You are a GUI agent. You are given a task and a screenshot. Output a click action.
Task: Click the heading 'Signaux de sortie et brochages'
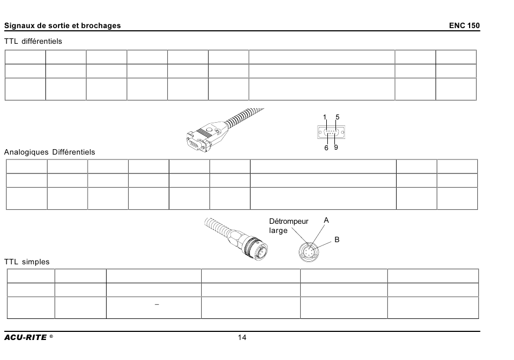[x=62, y=25]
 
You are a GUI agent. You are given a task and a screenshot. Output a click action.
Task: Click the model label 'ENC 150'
[x=464, y=25]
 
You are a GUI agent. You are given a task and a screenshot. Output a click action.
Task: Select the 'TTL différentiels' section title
[x=33, y=41]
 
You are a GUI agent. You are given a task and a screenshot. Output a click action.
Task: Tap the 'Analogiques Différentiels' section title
[x=49, y=152]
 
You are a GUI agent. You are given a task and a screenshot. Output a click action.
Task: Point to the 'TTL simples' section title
[x=27, y=262]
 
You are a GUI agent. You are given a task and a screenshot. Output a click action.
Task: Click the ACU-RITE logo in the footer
[x=29, y=337]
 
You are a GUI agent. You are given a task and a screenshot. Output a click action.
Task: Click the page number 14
[x=242, y=337]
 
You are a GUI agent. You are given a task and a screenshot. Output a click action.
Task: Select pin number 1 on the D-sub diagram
[x=325, y=117]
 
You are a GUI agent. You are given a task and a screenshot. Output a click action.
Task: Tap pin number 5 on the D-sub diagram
[x=337, y=117]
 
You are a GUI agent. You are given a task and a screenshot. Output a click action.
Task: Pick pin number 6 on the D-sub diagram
[x=326, y=148]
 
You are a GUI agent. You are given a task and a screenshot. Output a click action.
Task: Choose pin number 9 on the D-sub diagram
[x=336, y=148]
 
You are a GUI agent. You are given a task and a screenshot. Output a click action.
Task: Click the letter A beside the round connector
[x=326, y=221]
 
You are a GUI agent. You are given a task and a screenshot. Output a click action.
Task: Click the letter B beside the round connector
[x=337, y=240]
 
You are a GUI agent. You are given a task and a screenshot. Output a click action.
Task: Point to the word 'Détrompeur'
[x=289, y=222]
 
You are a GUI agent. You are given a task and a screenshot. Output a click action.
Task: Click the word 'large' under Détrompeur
[x=278, y=231]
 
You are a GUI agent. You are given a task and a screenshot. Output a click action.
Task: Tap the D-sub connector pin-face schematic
[x=331, y=132]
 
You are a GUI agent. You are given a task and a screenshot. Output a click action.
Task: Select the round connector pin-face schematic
[x=309, y=252]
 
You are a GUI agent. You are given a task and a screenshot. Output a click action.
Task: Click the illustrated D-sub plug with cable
[x=225, y=131]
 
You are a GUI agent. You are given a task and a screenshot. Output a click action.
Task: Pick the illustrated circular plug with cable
[x=236, y=240]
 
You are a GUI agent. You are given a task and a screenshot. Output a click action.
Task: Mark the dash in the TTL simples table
[x=157, y=305]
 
